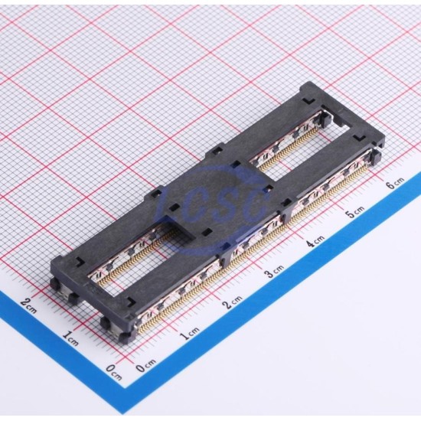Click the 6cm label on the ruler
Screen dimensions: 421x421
(395, 183)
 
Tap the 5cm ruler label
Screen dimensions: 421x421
(354, 211)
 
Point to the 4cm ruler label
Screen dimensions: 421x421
(315, 240)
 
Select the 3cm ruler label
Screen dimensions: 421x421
(274, 270)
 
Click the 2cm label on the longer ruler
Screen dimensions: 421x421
(233, 302)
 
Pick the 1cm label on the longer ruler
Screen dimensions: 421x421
(190, 334)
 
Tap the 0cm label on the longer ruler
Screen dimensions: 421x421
(145, 365)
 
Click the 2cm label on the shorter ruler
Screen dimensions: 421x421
(28, 306)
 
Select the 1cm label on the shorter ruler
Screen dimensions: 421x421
(70, 338)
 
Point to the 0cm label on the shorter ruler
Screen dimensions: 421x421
(113, 371)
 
